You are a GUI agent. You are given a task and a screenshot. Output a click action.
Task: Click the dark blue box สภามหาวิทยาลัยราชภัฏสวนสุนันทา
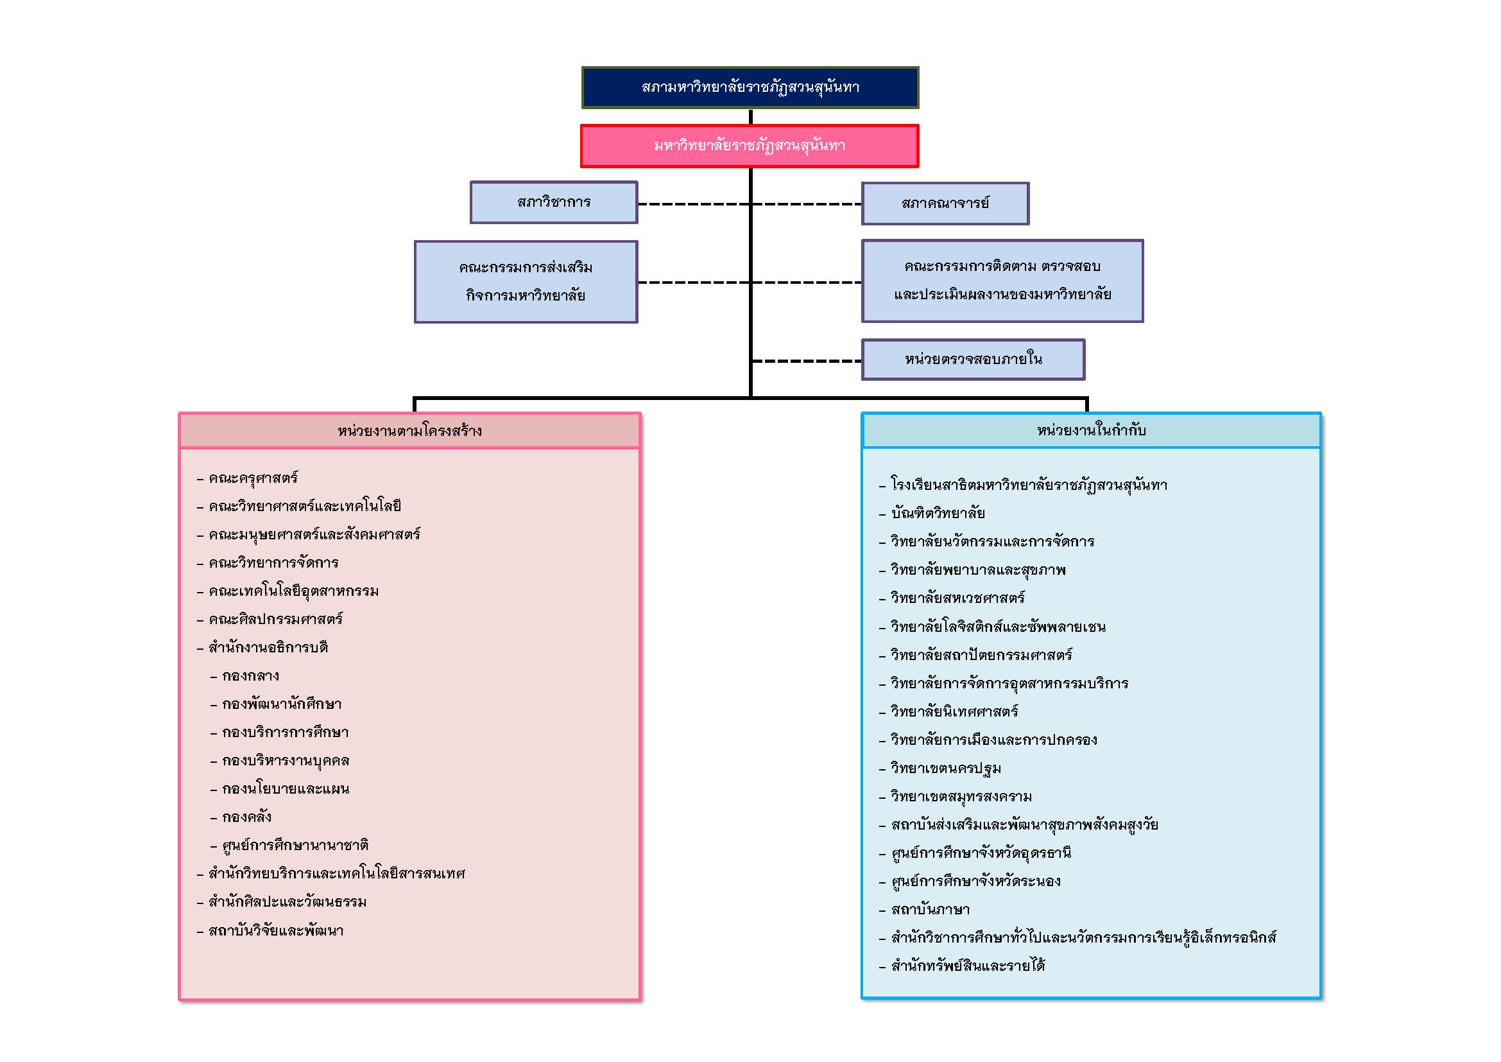tap(750, 87)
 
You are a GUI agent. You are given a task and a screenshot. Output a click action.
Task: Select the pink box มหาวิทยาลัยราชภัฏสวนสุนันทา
tap(750, 145)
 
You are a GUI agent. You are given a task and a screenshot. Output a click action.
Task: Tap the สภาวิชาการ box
tap(554, 203)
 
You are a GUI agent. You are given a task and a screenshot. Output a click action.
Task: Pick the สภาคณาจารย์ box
tap(945, 204)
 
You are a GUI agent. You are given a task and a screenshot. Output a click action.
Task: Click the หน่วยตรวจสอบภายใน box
tap(973, 359)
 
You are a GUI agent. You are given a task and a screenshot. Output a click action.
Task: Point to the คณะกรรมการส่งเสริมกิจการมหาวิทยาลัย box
tap(526, 282)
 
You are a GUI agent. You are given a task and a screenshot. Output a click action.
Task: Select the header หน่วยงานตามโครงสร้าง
tap(409, 430)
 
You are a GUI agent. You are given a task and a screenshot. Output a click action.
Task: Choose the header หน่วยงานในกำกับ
tap(1090, 430)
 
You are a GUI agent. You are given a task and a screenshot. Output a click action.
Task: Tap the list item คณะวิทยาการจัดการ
tap(273, 563)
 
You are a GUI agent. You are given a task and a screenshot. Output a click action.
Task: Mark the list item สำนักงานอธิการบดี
tap(268, 647)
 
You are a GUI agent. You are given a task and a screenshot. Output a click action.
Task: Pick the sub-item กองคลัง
tap(246, 817)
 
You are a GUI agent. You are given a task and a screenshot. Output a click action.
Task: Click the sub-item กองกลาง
tap(250, 675)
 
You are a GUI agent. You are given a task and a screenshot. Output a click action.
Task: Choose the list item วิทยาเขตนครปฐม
tap(945, 769)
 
